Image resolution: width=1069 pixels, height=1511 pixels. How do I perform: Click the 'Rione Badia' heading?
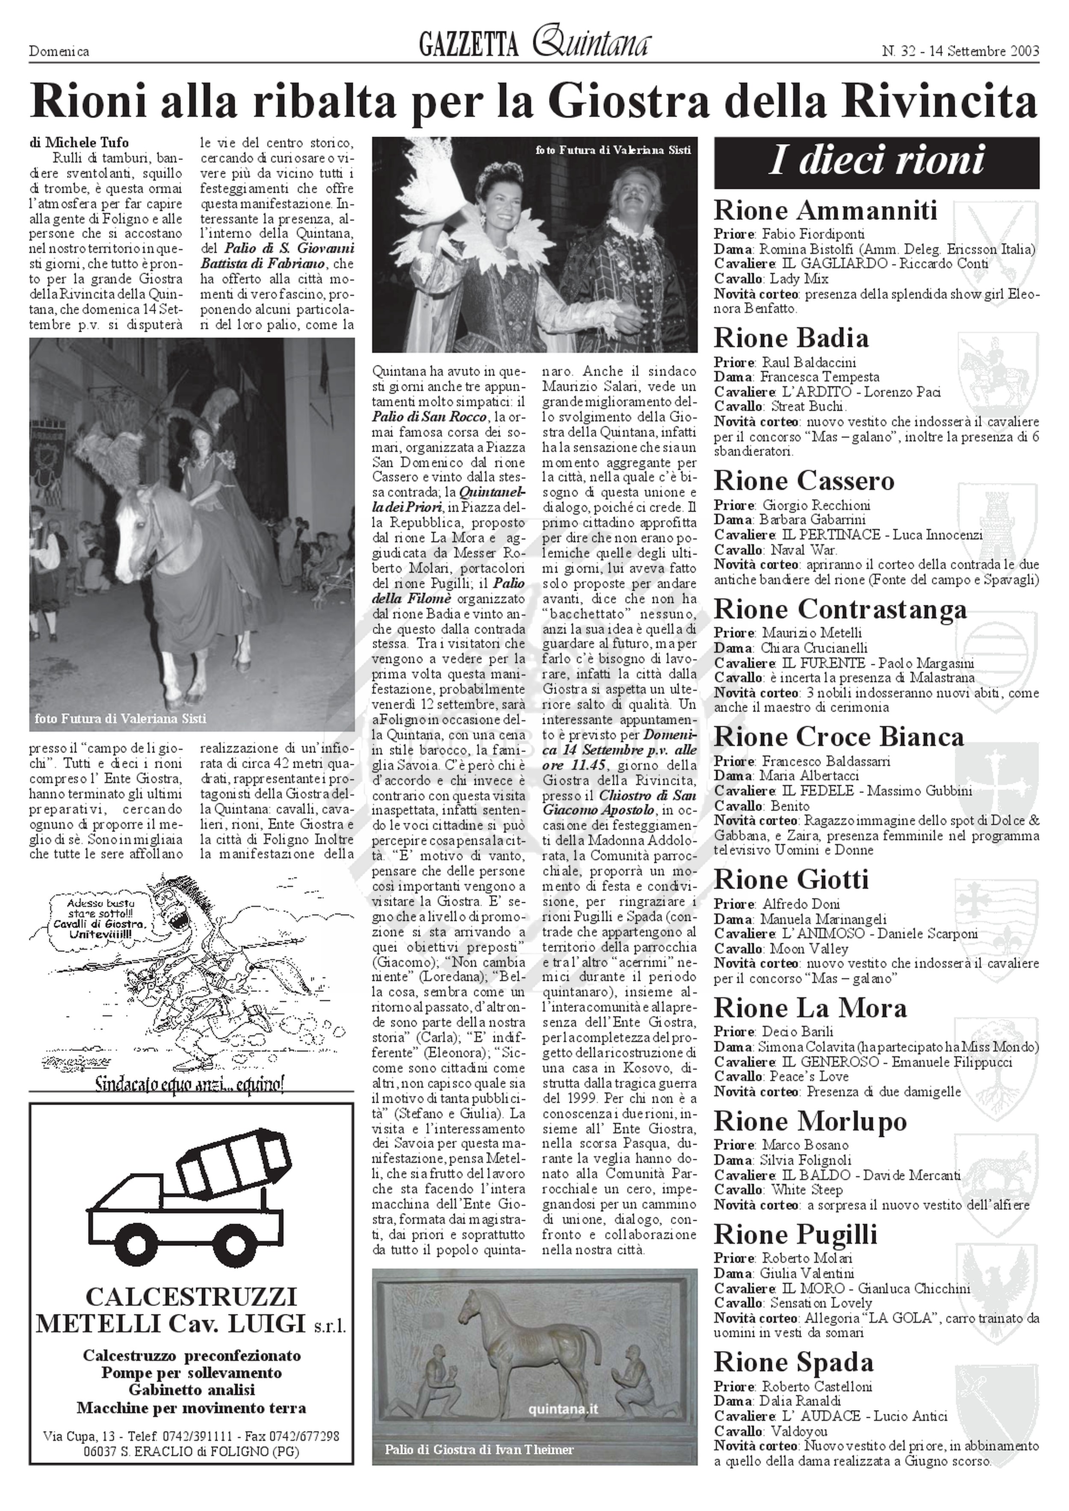click(791, 338)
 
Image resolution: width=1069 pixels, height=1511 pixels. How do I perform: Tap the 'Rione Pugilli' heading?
click(796, 1234)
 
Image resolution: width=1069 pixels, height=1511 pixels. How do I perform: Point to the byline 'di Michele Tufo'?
click(79, 142)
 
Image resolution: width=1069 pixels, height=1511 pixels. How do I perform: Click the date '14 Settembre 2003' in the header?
click(983, 51)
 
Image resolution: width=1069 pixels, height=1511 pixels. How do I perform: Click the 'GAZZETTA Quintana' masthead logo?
click(534, 45)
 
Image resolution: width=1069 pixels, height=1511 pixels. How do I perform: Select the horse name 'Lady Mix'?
click(799, 278)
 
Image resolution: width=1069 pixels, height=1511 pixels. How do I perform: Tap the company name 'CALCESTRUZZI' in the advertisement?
click(191, 1297)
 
